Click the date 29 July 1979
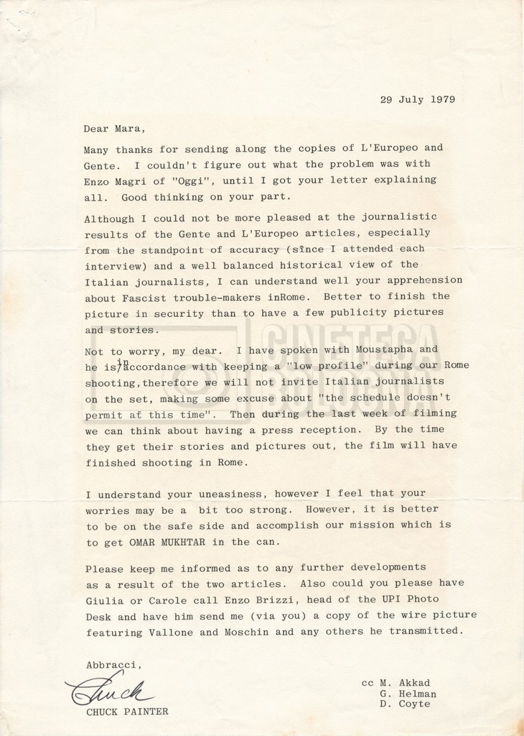tap(417, 100)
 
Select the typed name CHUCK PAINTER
tap(127, 712)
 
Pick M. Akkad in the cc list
tap(408, 683)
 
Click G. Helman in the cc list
tap(408, 694)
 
